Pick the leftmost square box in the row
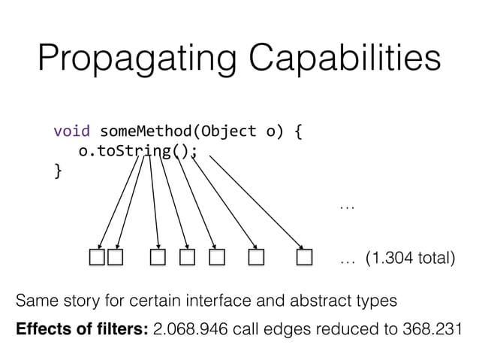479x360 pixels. (97, 259)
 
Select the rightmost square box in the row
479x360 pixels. (303, 259)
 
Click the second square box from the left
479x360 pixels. (115, 259)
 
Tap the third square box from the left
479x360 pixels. (157, 259)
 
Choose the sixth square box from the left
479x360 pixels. (257, 259)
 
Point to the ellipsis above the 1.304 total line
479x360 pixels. (346, 205)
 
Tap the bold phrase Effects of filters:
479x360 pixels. (82, 331)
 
